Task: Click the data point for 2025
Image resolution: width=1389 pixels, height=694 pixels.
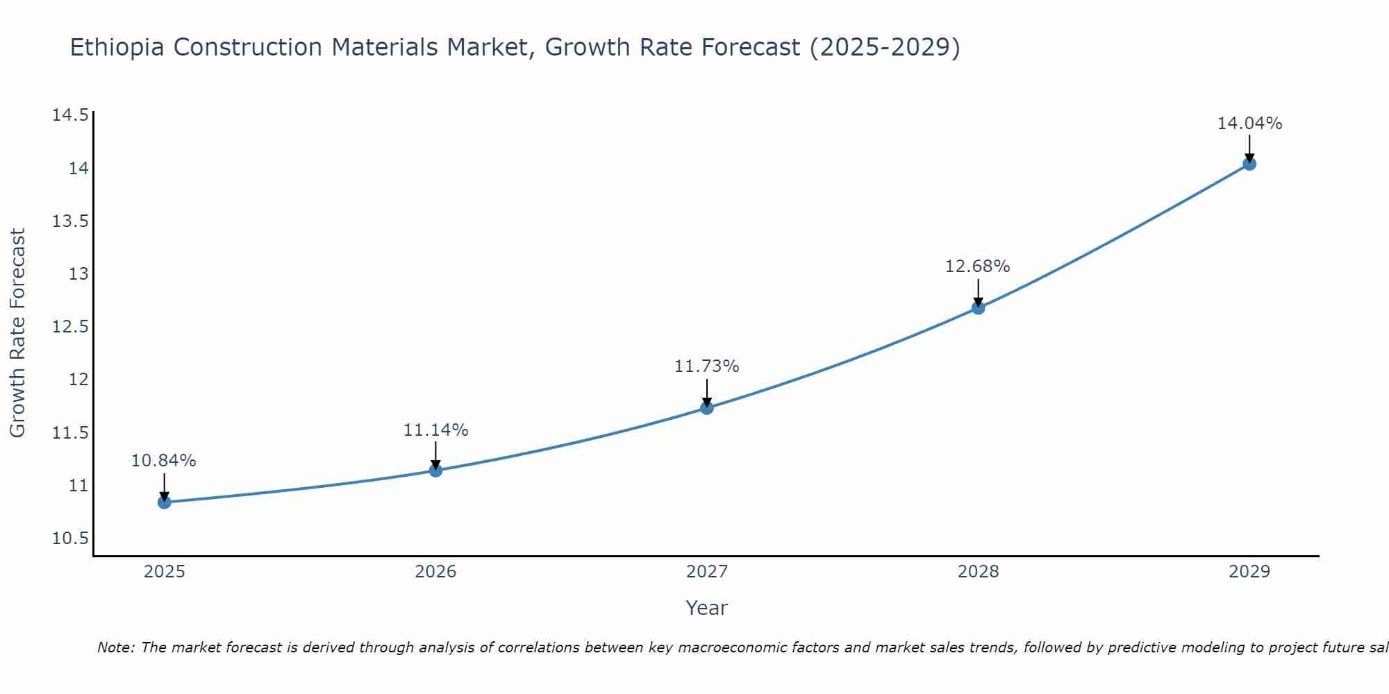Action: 165,502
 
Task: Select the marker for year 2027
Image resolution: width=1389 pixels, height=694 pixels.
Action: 707,407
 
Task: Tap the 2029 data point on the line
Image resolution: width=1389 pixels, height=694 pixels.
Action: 1249,164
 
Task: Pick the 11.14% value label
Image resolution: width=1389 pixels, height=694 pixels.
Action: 435,430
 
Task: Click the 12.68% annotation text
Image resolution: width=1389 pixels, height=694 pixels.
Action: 977,266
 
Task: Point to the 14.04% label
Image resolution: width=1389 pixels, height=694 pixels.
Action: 1249,124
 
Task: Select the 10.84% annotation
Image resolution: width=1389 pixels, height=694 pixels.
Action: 164,461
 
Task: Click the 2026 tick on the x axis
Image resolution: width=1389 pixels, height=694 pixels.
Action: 435,572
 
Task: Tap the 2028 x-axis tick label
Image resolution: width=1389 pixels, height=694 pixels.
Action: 978,572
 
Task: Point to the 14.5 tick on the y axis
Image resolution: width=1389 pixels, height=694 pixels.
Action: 70,115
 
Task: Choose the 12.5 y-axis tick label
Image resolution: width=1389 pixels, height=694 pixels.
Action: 70,326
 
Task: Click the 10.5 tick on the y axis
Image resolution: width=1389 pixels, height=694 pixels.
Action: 70,539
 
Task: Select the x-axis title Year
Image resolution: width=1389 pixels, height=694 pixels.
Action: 706,608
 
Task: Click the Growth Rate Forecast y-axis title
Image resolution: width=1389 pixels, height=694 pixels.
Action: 18,333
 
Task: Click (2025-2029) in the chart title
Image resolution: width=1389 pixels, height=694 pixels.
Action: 885,48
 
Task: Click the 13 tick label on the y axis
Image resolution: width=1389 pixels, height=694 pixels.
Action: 78,273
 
